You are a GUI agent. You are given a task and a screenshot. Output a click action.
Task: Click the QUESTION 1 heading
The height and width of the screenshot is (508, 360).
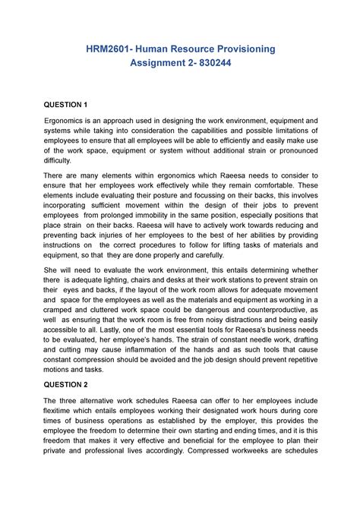(x=66, y=103)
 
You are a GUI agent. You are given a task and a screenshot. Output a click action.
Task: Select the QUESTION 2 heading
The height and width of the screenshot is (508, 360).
(x=66, y=384)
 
